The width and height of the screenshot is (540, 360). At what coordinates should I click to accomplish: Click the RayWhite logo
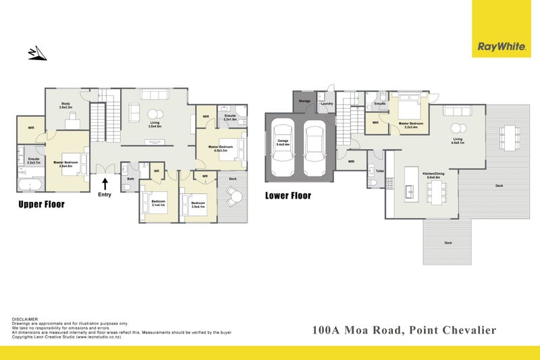(501, 47)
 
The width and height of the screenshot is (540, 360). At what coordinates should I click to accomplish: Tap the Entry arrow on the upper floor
(105, 182)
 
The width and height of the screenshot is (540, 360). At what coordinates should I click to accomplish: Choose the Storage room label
(304, 101)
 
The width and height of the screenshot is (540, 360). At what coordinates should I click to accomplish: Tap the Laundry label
(327, 103)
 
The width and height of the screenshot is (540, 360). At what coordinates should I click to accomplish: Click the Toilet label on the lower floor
(380, 172)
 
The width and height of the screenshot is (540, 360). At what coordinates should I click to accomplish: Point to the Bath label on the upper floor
(131, 178)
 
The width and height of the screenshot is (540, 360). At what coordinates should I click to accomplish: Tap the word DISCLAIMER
(26, 318)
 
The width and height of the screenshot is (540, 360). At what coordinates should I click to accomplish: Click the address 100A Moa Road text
(404, 330)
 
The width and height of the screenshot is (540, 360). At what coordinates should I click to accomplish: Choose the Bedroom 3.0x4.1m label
(198, 203)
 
